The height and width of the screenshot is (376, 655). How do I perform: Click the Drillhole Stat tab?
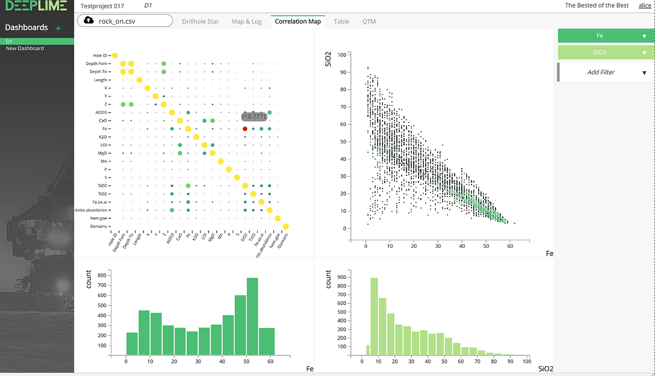[x=200, y=21]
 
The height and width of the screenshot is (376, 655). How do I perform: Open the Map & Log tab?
[x=246, y=21]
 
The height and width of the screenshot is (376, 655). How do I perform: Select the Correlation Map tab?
[x=297, y=21]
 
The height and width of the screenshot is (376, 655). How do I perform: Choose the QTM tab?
[x=368, y=21]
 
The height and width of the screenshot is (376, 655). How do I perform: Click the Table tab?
[x=341, y=21]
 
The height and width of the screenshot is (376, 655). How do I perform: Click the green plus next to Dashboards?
[x=58, y=27]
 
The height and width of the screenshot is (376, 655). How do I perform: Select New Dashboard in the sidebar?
[x=25, y=49]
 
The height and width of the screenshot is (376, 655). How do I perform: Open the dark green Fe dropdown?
[x=606, y=35]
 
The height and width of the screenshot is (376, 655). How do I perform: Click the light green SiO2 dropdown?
[x=606, y=52]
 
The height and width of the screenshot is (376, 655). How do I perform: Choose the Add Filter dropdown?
[x=606, y=72]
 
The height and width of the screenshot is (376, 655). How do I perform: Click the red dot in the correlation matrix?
[x=245, y=128]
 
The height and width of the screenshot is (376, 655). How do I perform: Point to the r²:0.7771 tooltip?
[x=254, y=116]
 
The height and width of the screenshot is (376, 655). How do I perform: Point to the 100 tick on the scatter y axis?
[x=342, y=55]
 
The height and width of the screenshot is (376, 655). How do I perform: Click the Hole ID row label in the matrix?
[x=101, y=55]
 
